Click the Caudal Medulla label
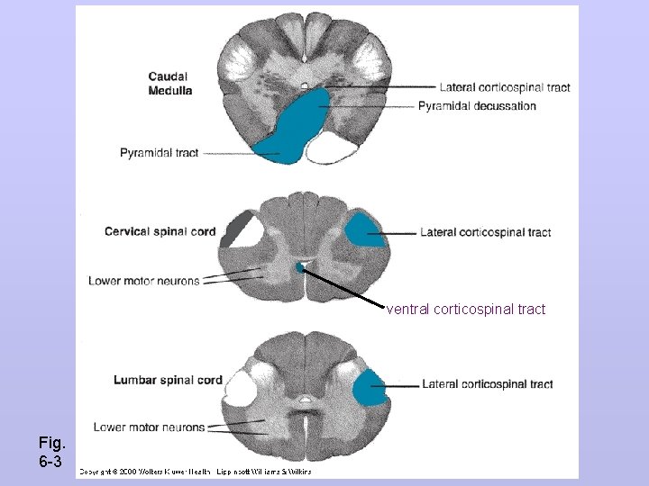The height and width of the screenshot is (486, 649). click(169, 83)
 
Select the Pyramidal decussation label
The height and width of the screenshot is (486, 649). click(477, 106)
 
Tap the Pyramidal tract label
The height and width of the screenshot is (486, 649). click(159, 153)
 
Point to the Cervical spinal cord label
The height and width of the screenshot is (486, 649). click(160, 231)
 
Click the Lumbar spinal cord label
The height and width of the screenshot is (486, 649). click(168, 380)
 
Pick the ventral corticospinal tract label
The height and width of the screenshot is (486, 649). click(466, 310)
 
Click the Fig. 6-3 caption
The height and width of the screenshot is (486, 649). click(50, 451)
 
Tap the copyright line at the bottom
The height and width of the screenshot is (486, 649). click(195, 471)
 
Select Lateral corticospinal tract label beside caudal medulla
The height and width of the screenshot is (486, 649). click(505, 87)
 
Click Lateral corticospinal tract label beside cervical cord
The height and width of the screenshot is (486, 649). click(485, 232)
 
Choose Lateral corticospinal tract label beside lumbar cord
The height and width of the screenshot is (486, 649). click(487, 384)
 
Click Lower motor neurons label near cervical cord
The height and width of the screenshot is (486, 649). click(143, 281)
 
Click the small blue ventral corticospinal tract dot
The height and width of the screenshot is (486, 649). click(300, 267)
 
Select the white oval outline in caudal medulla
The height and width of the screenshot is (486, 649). click(334, 147)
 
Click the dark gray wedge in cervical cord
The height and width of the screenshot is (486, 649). click(239, 228)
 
